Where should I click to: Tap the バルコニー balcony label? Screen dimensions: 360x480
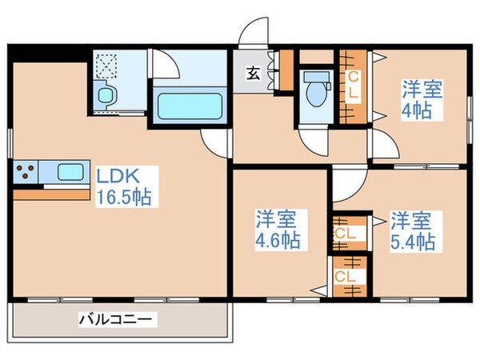[117, 320]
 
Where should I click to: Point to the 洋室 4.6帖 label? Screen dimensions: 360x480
[278, 229]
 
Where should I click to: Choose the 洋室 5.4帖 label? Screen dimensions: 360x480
[413, 229]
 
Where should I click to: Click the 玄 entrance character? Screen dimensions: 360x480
[253, 74]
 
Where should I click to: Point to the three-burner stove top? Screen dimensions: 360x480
[26, 171]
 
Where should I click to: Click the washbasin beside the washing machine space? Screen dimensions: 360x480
[106, 95]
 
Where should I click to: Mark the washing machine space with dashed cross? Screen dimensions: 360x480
[107, 64]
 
